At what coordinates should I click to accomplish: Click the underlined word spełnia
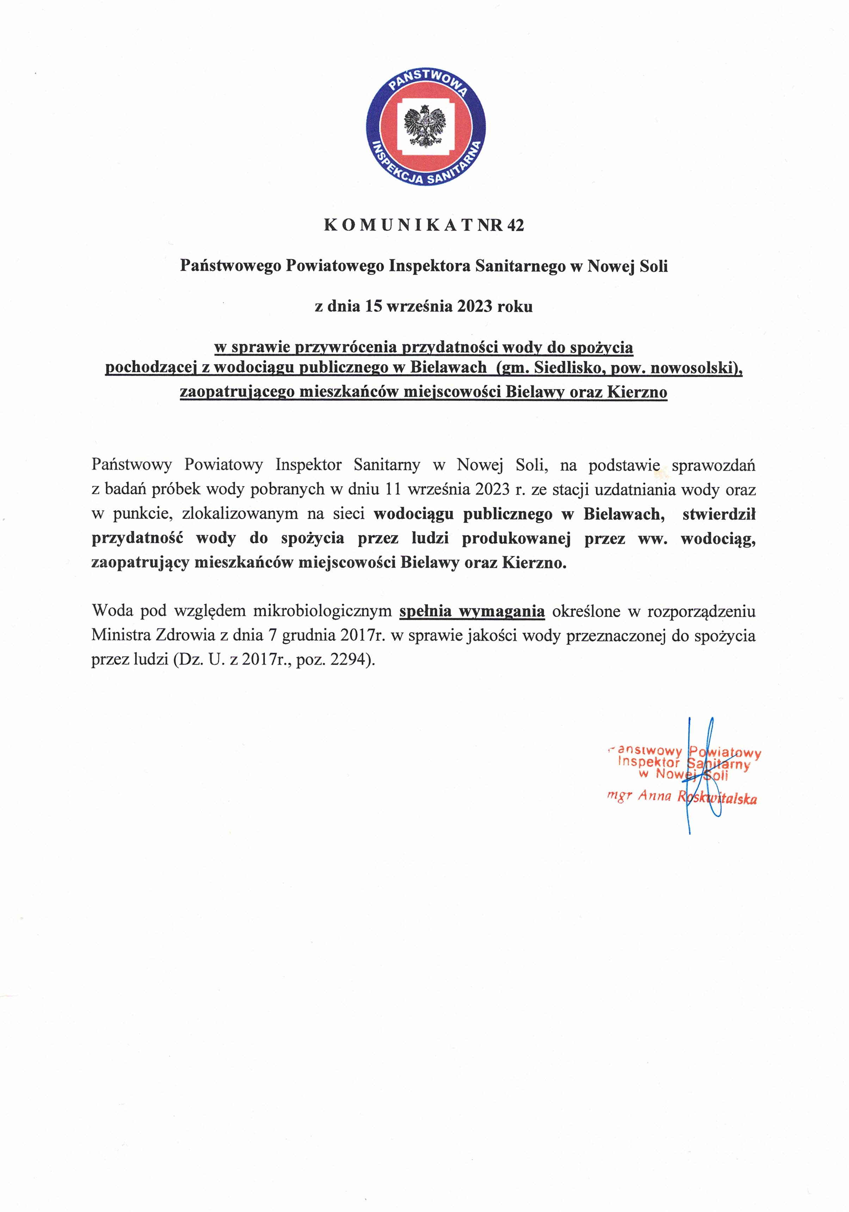click(425, 611)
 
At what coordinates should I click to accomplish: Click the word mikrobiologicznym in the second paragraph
click(322, 611)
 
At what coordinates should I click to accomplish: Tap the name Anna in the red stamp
click(654, 796)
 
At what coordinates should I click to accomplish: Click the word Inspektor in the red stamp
click(648, 762)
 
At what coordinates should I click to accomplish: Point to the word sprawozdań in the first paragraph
click(713, 465)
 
